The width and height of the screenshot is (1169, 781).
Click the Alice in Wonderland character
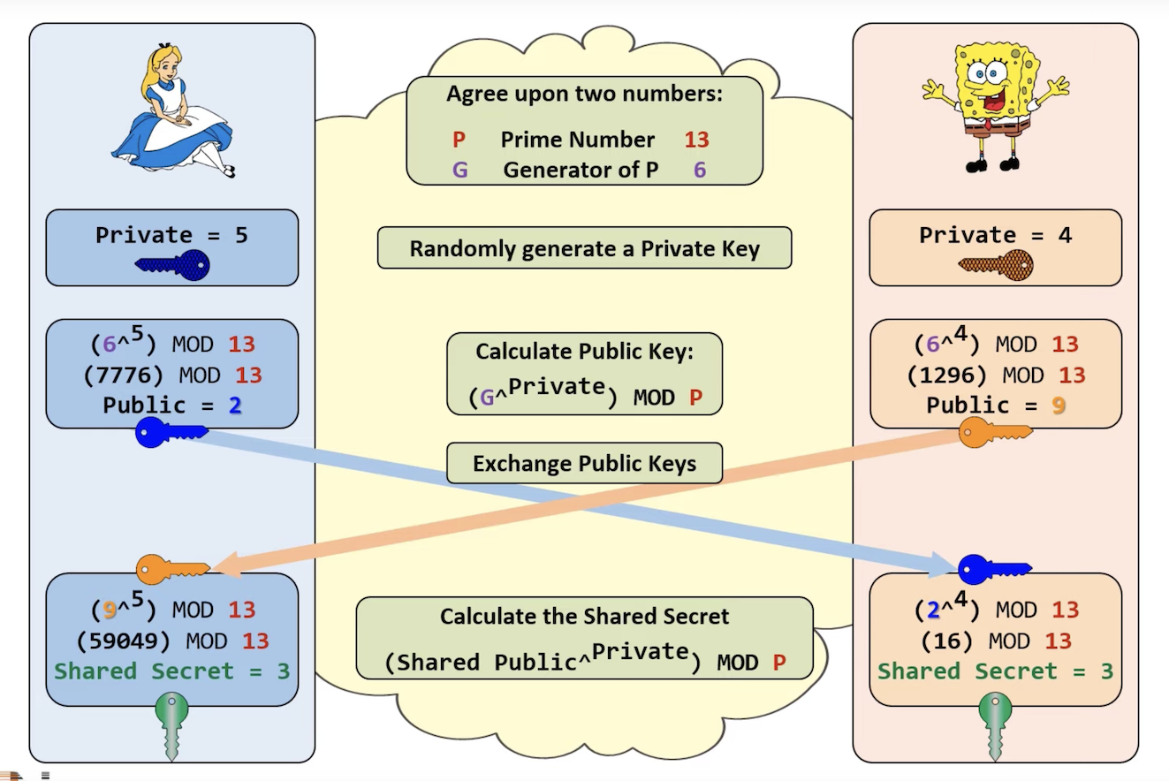172,111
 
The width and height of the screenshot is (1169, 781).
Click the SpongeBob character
995,107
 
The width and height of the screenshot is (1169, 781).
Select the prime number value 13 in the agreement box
696,140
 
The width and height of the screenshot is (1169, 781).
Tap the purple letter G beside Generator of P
459,171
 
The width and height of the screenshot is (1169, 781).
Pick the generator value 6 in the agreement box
699,171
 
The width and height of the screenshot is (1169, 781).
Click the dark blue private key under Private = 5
172,265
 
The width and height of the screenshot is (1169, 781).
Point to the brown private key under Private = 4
996,265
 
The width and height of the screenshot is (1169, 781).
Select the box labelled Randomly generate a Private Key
585,247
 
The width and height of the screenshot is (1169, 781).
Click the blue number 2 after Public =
235,406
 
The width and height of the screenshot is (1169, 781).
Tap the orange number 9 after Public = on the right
1059,406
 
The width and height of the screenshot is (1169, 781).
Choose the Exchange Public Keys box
585,463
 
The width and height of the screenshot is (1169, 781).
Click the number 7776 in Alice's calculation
123,375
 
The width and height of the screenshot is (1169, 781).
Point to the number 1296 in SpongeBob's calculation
947,375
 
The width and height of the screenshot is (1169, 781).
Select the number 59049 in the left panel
123,641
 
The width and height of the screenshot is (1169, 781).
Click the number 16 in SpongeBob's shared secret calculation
947,641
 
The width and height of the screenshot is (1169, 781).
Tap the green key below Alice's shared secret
171,725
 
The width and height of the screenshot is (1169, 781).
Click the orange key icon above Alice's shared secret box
172,569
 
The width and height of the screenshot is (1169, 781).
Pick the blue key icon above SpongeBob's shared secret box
995,569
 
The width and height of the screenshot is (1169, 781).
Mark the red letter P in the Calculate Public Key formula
695,398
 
